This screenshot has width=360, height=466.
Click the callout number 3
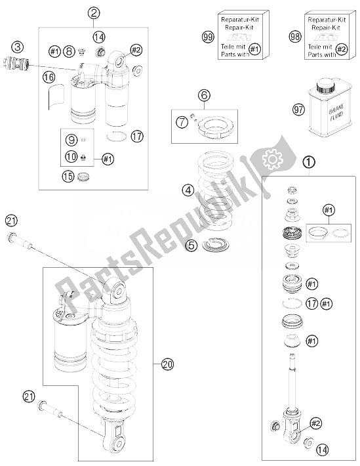click(x=18, y=47)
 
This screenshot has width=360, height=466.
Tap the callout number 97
click(x=299, y=110)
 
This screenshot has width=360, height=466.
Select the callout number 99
click(x=208, y=37)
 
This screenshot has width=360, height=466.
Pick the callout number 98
click(x=295, y=37)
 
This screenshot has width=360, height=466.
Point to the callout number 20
click(x=167, y=364)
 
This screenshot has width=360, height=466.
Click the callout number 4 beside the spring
click(x=188, y=190)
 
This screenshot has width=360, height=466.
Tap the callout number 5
click(x=191, y=245)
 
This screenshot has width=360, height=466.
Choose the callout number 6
click(x=204, y=96)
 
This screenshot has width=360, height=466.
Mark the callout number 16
click(x=49, y=77)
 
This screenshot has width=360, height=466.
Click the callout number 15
click(x=68, y=177)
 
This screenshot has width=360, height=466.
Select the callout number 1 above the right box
click(x=309, y=162)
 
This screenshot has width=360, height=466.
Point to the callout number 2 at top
click(x=94, y=12)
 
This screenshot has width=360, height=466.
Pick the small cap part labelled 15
click(x=83, y=177)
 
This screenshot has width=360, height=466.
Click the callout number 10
click(x=71, y=157)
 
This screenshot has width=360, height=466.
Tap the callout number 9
click(x=71, y=140)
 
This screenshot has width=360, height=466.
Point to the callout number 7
click(x=182, y=122)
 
